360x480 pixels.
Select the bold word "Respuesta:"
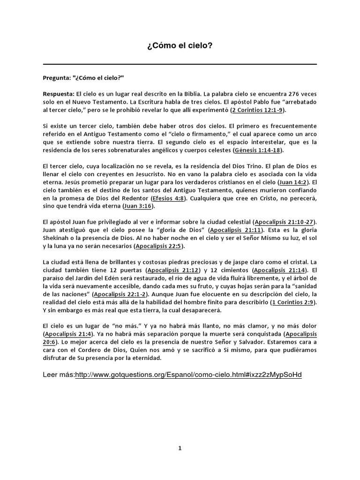pos(59,94)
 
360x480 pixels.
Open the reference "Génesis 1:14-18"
pos(258,151)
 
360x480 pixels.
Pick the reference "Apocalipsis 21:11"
pos(237,230)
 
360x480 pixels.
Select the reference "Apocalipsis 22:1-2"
pos(120,294)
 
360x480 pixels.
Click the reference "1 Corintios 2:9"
pos(294,303)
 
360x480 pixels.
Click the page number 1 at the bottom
pos(180,448)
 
